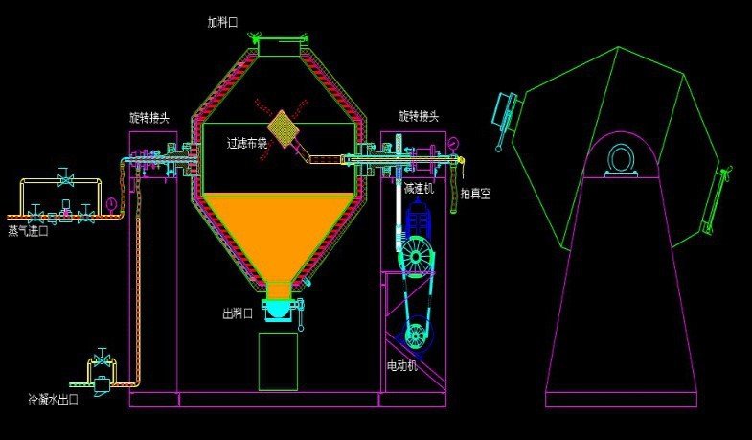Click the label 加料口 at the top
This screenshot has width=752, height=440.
click(x=222, y=22)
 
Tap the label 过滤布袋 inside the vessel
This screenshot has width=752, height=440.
click(x=247, y=143)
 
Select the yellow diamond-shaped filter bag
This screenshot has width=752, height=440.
click(x=284, y=128)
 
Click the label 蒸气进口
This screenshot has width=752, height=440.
click(x=29, y=231)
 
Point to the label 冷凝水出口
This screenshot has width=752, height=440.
click(x=54, y=399)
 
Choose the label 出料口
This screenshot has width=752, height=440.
click(x=238, y=313)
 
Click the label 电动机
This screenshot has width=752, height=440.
click(x=402, y=365)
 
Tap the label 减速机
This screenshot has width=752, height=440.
click(x=419, y=188)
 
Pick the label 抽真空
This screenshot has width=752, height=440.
click(x=476, y=194)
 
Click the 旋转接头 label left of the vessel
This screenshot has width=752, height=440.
click(x=149, y=117)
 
